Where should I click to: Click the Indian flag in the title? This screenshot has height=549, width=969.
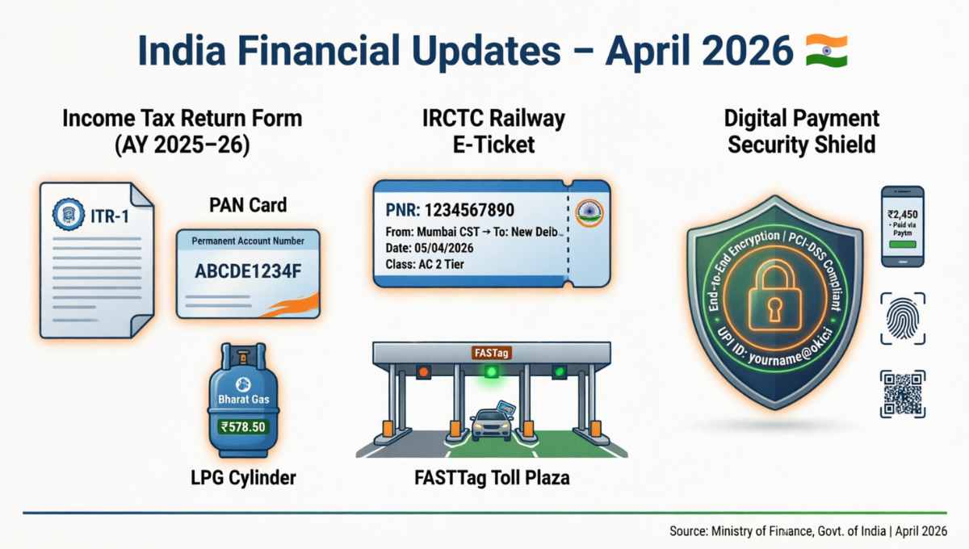pyautogui.click(x=825, y=50)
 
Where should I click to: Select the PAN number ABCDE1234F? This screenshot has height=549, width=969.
pyautogui.click(x=248, y=271)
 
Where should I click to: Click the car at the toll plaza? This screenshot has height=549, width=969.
pyautogui.click(x=491, y=424)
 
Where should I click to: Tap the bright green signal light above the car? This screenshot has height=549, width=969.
pyautogui.click(x=491, y=372)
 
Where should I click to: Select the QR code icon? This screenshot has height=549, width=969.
pyautogui.click(x=902, y=394)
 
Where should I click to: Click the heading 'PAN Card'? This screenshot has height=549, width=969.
pyautogui.click(x=247, y=205)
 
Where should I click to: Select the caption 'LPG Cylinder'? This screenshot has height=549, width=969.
pyautogui.click(x=244, y=478)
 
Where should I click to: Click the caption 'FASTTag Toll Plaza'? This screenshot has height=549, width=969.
pyautogui.click(x=491, y=478)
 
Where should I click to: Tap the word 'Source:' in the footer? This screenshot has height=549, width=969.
pyautogui.click(x=689, y=531)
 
